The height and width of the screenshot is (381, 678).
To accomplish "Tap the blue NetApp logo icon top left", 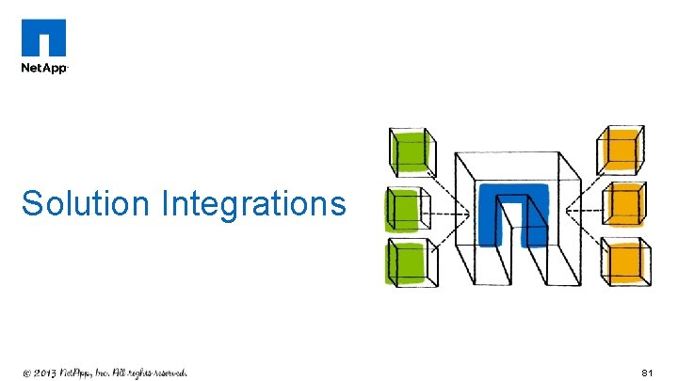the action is point(44,40).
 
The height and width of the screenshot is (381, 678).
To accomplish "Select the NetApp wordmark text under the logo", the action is point(44,69).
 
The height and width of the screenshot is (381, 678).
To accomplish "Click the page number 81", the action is point(647,373).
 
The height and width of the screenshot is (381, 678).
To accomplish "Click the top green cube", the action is point(411,151).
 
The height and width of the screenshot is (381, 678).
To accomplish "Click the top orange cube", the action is point(622,149).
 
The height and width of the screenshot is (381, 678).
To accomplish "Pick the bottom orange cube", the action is point(625,262).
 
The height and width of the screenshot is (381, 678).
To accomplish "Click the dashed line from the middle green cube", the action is point(449,212).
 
